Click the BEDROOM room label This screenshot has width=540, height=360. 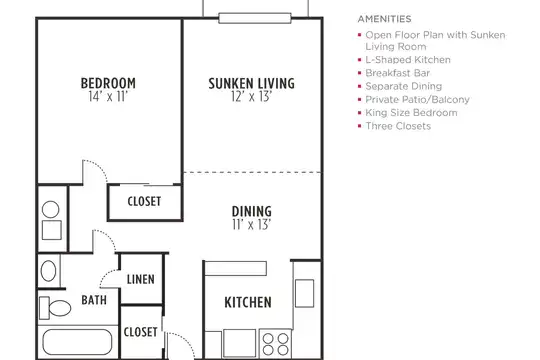[x=108, y=83]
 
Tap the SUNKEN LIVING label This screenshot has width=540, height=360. [x=251, y=83]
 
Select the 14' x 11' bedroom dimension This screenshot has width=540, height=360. [x=108, y=97]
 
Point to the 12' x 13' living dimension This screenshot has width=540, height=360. [x=252, y=97]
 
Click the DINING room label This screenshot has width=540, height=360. [x=252, y=212]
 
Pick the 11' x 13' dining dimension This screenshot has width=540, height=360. [x=252, y=225]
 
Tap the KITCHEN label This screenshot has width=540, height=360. [x=248, y=302]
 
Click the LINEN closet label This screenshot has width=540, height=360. [x=141, y=279]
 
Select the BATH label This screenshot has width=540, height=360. [x=94, y=300]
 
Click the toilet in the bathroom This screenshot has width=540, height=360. [x=55, y=308]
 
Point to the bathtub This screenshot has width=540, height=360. [x=77, y=342]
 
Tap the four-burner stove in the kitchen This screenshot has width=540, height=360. [x=276, y=344]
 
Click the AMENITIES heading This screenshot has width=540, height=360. [x=384, y=19]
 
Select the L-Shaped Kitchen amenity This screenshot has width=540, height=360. [x=408, y=60]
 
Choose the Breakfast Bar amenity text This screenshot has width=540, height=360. [x=397, y=73]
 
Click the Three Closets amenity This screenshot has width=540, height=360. [x=398, y=126]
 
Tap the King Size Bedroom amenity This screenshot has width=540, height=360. [x=411, y=113]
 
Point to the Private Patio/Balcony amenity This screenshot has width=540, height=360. [x=417, y=100]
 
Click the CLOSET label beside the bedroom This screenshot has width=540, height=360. [x=144, y=202]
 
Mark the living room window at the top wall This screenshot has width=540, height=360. [x=255, y=18]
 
